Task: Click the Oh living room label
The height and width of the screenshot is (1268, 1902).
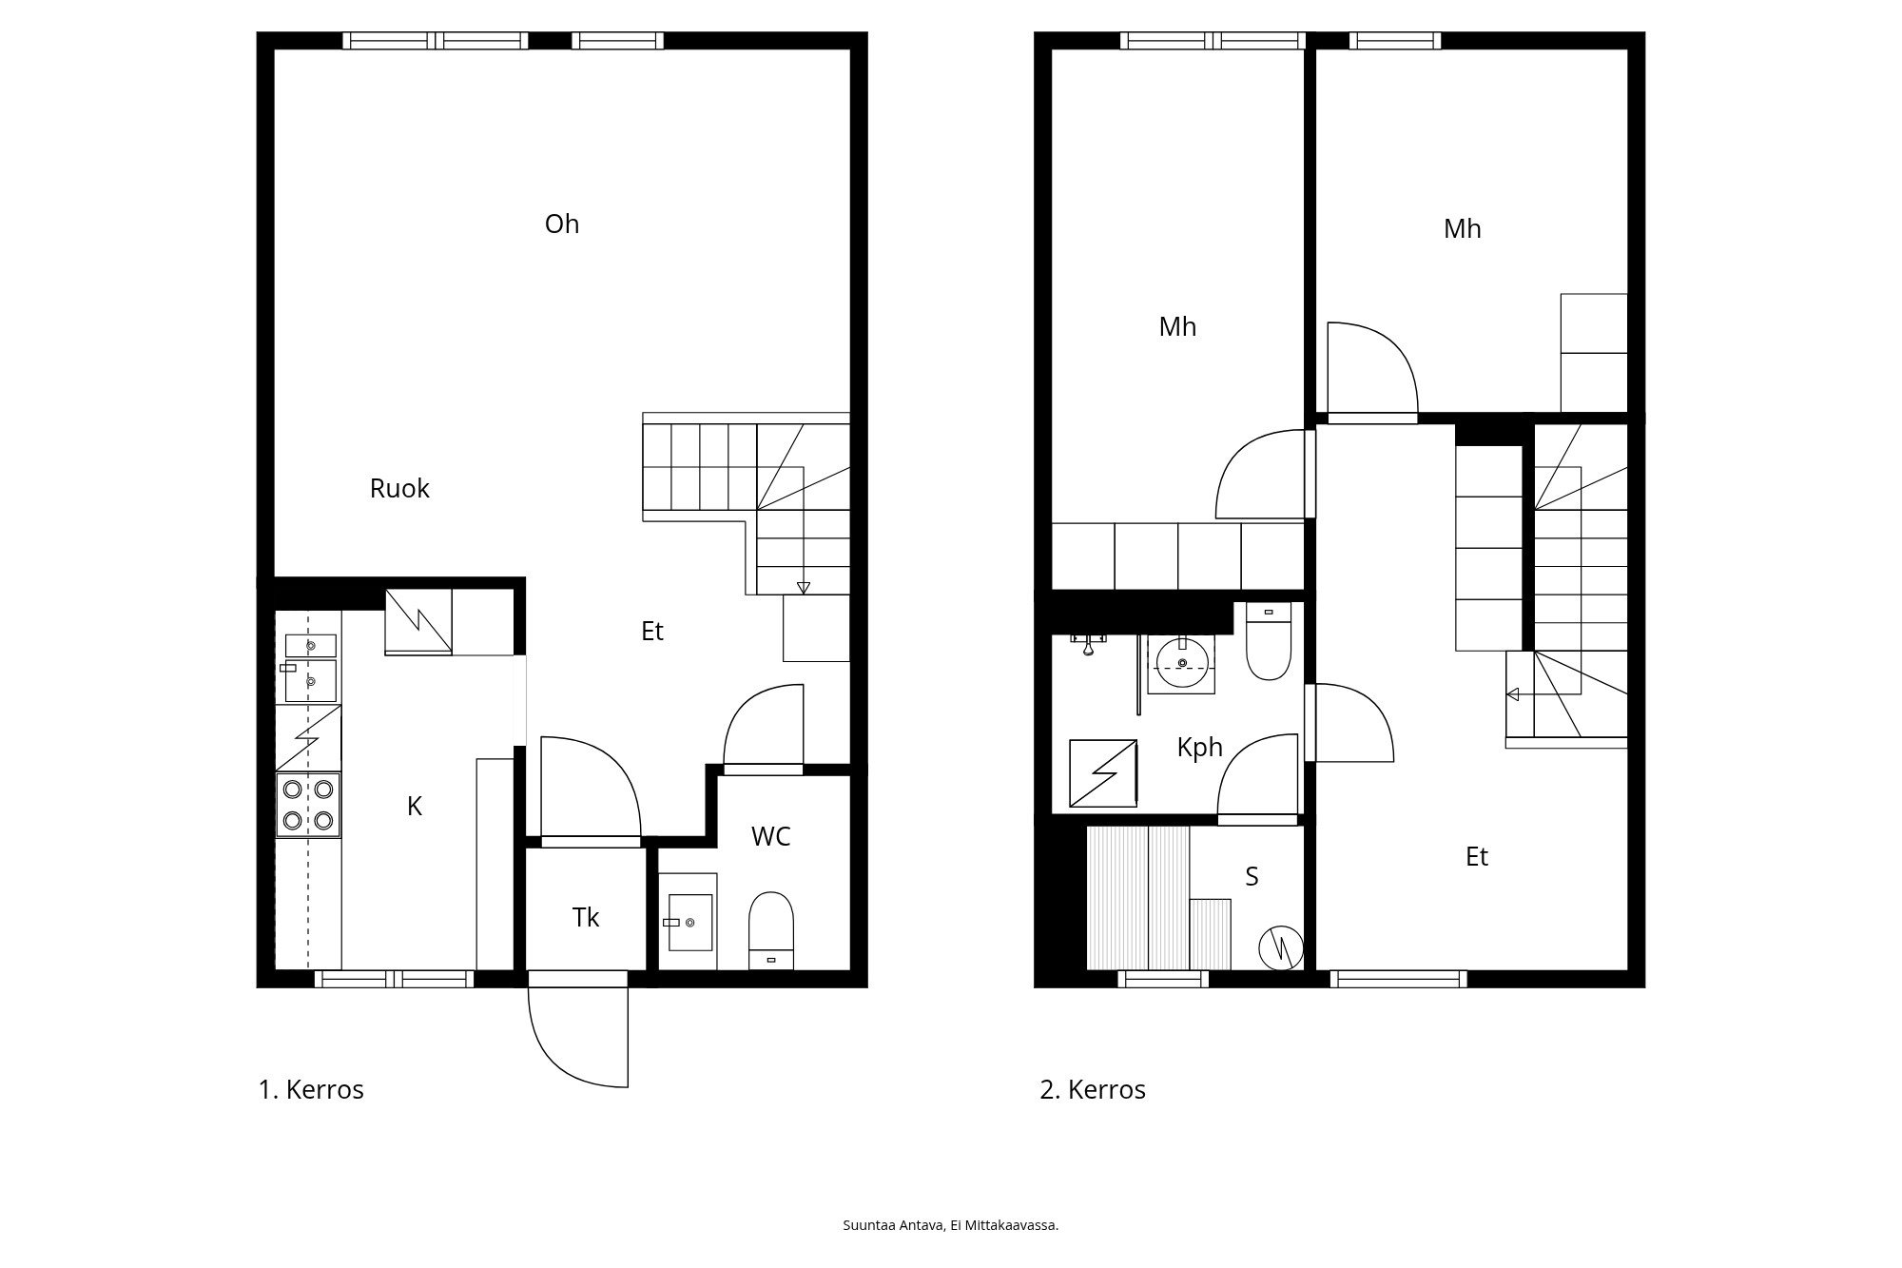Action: [x=562, y=224]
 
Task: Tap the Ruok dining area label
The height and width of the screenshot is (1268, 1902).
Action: [x=399, y=489]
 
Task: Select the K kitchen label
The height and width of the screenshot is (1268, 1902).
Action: [x=415, y=807]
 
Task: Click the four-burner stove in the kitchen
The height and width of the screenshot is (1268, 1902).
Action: [x=308, y=805]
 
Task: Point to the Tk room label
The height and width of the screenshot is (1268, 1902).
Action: [x=586, y=918]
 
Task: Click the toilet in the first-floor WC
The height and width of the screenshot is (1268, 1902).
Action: [x=770, y=927]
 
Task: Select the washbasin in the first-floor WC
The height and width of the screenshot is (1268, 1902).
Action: [x=689, y=922]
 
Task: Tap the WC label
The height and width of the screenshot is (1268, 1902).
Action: [x=770, y=837]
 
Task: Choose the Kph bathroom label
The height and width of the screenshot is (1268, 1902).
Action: [x=1199, y=748]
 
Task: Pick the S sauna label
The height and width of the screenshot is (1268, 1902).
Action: [x=1252, y=877]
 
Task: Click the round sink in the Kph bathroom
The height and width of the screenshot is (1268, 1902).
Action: [x=1182, y=663]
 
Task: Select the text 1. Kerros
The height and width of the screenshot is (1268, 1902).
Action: [x=311, y=1090]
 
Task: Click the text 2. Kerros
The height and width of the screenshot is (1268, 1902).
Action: [x=1093, y=1090]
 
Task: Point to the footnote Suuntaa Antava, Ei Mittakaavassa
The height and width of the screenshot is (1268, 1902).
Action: [x=950, y=1225]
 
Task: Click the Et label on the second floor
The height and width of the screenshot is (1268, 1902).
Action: [x=1476, y=857]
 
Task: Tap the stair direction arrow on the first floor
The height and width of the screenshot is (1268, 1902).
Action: [x=804, y=587]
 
